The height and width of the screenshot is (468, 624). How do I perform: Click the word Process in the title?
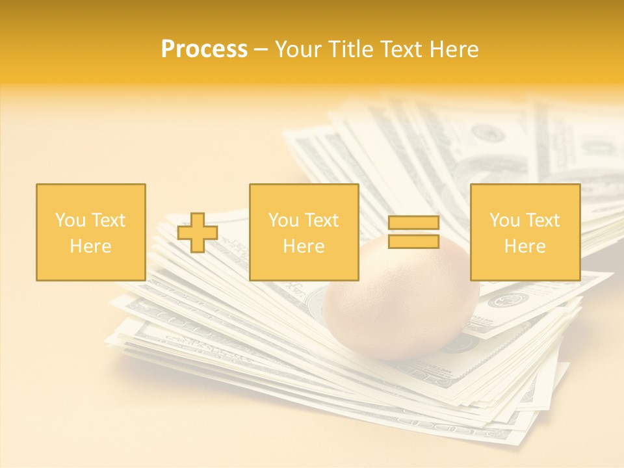click(x=204, y=49)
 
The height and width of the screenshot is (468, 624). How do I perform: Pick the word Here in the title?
click(x=454, y=49)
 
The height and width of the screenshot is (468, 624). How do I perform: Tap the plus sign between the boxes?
click(x=198, y=233)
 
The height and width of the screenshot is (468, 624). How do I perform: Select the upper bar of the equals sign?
click(x=413, y=223)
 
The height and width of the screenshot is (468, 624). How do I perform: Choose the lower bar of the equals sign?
click(x=413, y=241)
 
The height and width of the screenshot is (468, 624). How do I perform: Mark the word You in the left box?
click(x=70, y=220)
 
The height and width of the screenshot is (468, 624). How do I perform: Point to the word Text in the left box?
click(x=107, y=220)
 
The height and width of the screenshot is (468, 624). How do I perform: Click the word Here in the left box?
click(x=90, y=246)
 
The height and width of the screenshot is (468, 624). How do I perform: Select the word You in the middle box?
click(x=283, y=220)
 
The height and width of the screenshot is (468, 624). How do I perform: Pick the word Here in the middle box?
click(x=304, y=246)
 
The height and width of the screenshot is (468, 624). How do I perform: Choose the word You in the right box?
click(x=504, y=220)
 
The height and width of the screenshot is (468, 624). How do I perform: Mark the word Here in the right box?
click(x=525, y=246)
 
